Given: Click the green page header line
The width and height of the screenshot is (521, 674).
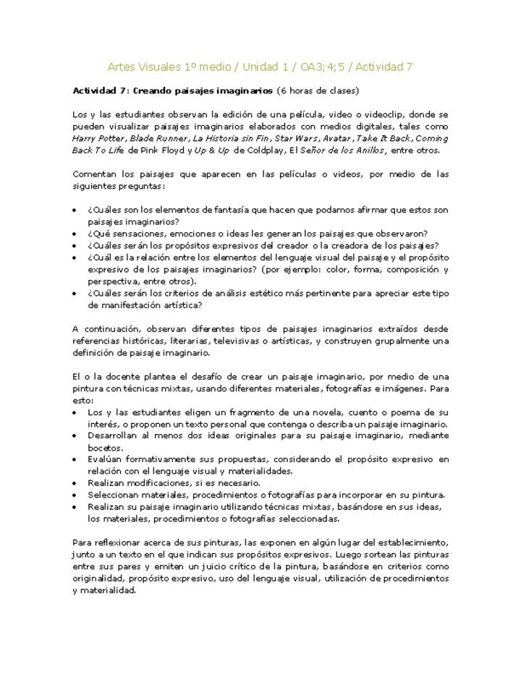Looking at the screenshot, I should pos(260,67).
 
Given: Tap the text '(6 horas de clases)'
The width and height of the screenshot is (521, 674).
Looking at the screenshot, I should pos(318,91).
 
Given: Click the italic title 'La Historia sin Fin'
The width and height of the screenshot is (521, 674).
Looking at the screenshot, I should pos(231,138).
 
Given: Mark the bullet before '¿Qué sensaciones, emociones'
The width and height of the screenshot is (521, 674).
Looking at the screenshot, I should pos(76,234).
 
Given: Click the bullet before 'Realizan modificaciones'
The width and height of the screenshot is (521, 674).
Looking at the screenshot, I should pos(76,483).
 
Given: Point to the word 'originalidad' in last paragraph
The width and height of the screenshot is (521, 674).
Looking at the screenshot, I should pos(101,579).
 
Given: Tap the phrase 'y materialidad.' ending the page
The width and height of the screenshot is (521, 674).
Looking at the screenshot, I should pos(105,590).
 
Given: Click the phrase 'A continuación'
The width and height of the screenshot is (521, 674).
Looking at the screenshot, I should pos(104,328).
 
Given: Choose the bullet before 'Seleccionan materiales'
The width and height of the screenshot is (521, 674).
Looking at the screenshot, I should pos(76,495).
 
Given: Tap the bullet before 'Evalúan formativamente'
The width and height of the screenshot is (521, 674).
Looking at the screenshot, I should pos(76,459).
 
